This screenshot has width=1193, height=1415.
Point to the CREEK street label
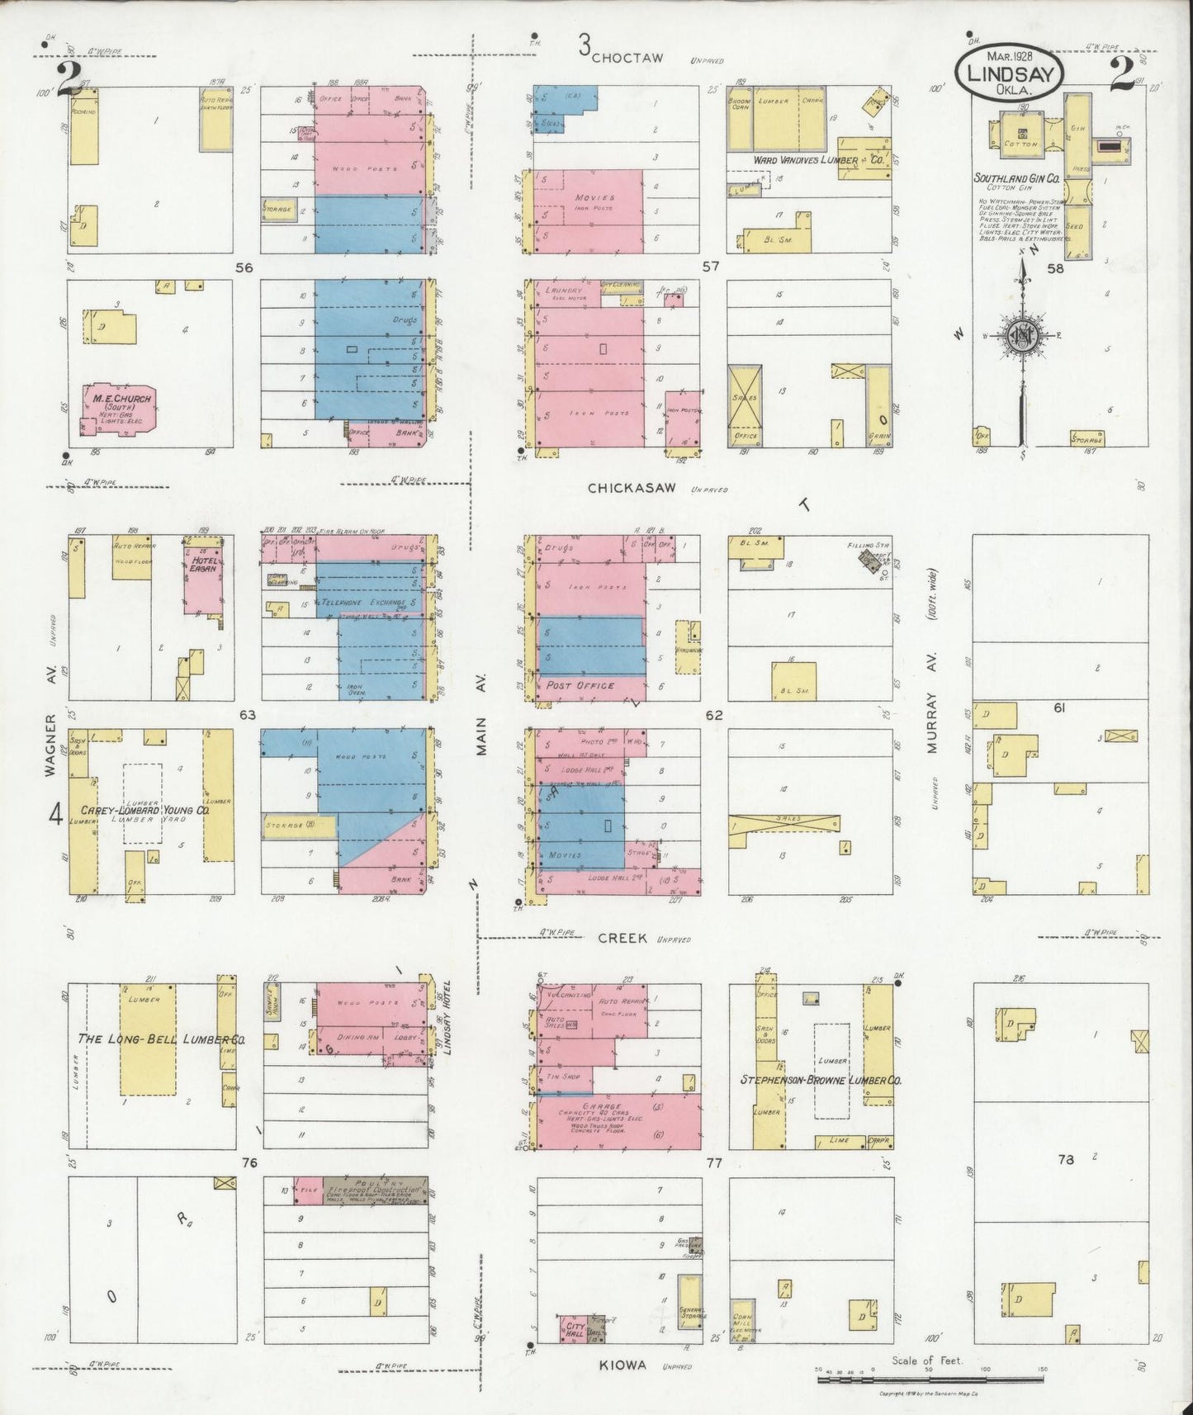pos(621,939)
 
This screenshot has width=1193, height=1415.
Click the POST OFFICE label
pos(580,686)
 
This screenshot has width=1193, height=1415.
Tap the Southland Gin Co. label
pos(1016,177)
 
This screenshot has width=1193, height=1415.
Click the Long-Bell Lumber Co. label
pos(161,1039)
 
